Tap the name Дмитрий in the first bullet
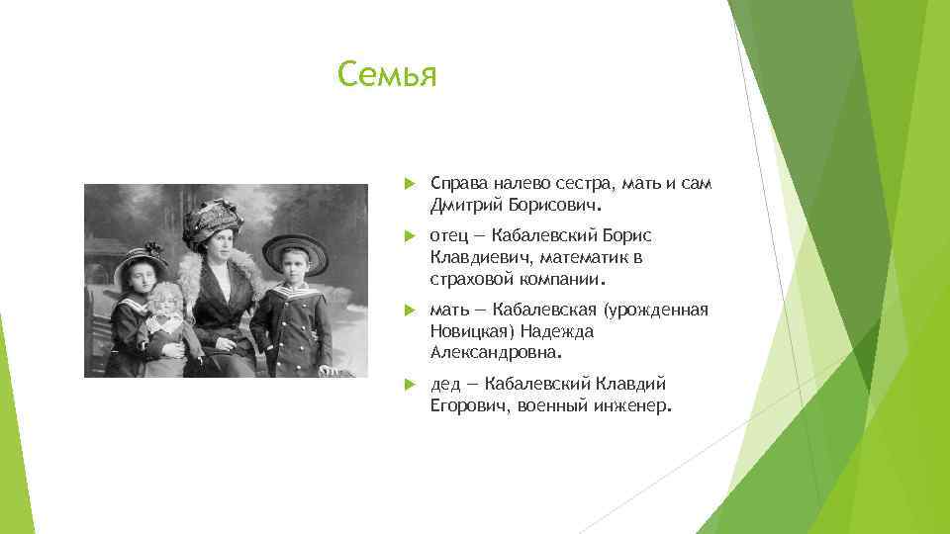pyautogui.click(x=462, y=207)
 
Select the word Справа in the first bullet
pyautogui.click(x=459, y=185)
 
